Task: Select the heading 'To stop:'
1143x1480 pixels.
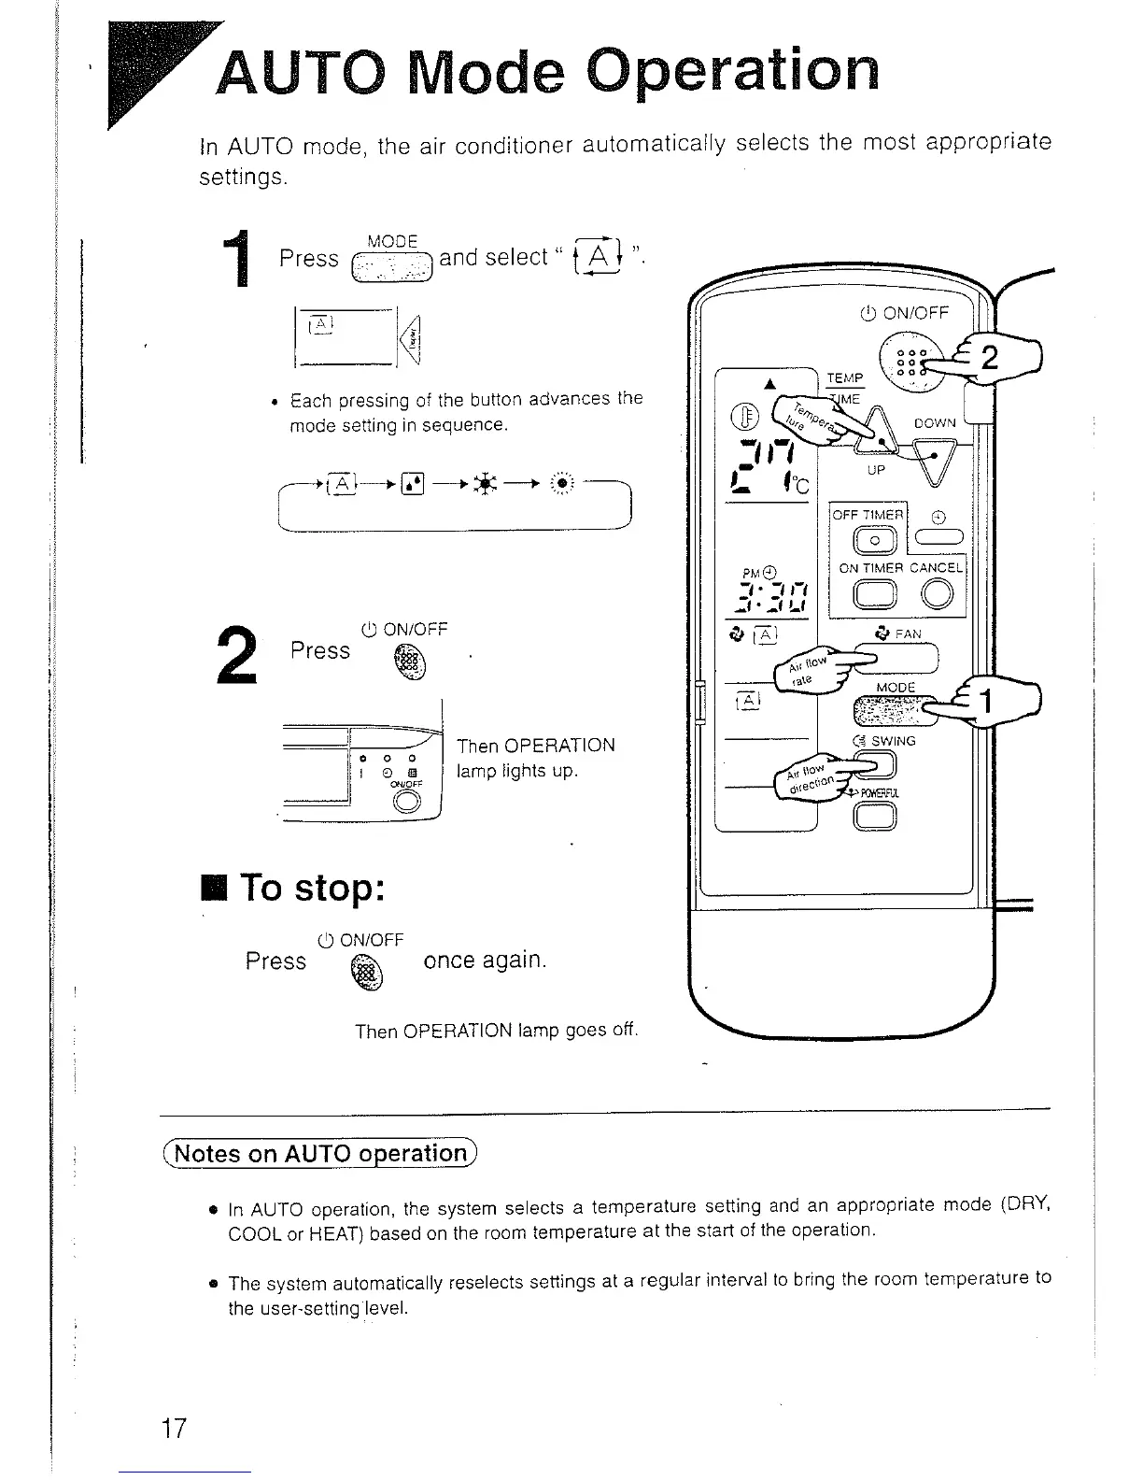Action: coord(312,887)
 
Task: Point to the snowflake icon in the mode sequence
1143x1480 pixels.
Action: coord(487,484)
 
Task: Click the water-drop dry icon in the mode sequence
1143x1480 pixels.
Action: coord(413,484)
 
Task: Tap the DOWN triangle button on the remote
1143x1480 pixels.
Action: coord(928,461)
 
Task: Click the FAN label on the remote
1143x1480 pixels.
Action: coord(907,634)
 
